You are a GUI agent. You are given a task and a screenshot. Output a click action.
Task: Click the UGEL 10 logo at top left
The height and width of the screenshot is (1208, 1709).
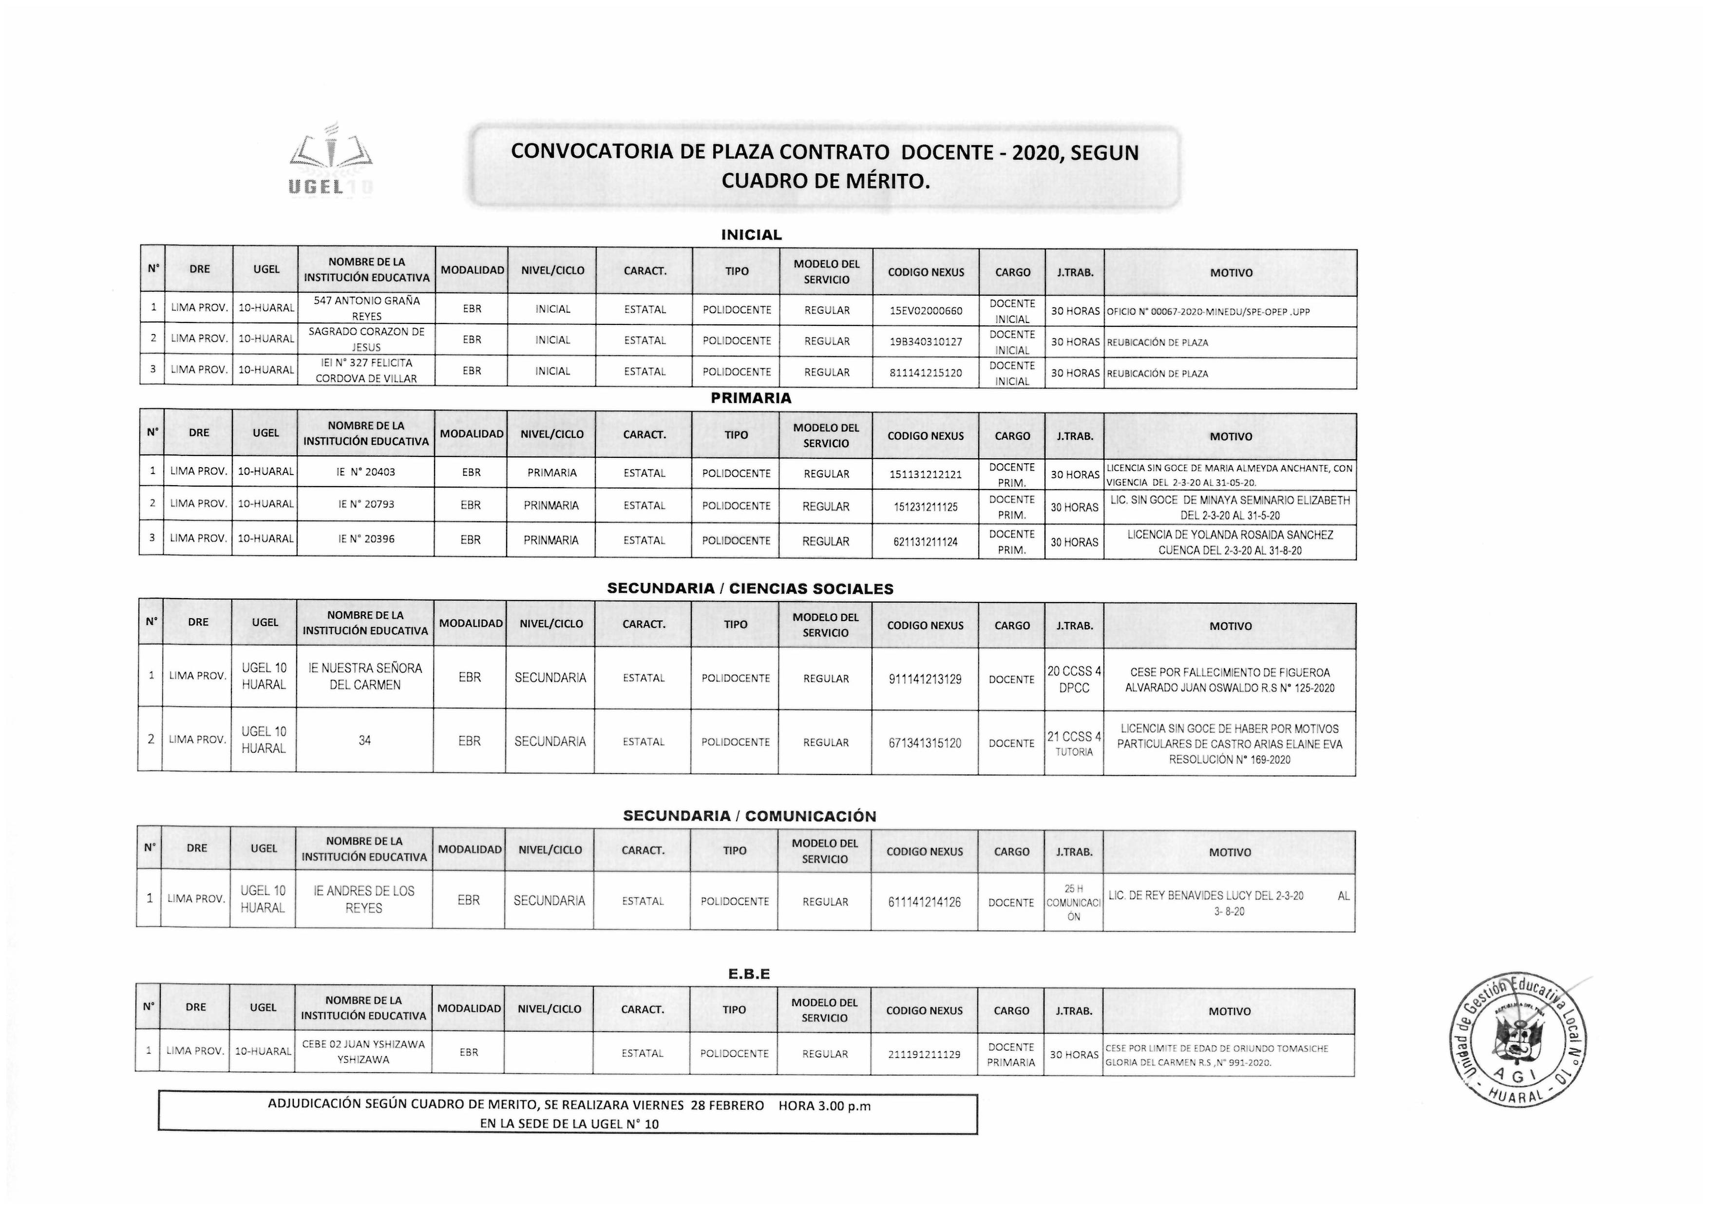[330, 164]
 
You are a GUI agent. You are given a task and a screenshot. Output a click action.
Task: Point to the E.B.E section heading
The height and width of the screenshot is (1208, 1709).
[749, 974]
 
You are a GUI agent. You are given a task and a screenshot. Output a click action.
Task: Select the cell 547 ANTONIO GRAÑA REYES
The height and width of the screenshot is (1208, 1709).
[366, 308]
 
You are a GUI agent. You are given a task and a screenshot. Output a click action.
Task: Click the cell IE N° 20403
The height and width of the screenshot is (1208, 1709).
[365, 472]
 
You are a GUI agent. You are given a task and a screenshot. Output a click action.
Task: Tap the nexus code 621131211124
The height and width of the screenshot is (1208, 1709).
[925, 542]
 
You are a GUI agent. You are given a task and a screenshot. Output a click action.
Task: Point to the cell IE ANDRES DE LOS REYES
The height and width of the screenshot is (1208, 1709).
[363, 899]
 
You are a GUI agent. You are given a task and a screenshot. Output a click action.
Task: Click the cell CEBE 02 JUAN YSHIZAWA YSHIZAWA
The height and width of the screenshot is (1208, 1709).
[363, 1052]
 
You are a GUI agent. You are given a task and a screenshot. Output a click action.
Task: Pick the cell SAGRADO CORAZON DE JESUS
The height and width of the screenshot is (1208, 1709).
[366, 340]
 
